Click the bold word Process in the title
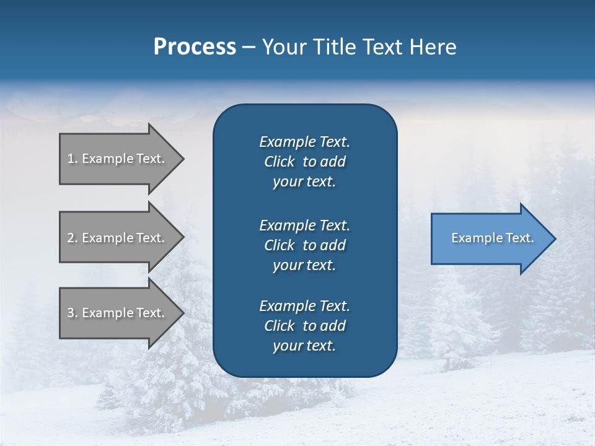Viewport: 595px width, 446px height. [195, 47]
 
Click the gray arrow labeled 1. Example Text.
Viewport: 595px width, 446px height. [118, 159]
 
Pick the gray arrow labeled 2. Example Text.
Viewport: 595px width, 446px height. [118, 238]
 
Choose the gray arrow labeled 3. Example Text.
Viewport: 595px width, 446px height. [118, 313]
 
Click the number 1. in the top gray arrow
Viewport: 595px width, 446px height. [73, 159]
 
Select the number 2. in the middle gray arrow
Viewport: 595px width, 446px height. [73, 238]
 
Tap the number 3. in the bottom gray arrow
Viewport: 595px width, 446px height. [73, 313]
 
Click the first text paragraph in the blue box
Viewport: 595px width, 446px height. [304, 162]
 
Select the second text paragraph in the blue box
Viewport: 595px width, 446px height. [304, 245]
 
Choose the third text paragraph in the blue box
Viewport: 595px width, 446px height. [304, 326]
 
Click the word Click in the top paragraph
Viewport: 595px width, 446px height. [279, 162]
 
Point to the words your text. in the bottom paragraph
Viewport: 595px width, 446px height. [304, 346]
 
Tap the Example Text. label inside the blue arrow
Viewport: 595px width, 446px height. [492, 238]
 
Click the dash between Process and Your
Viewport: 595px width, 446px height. [249, 48]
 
